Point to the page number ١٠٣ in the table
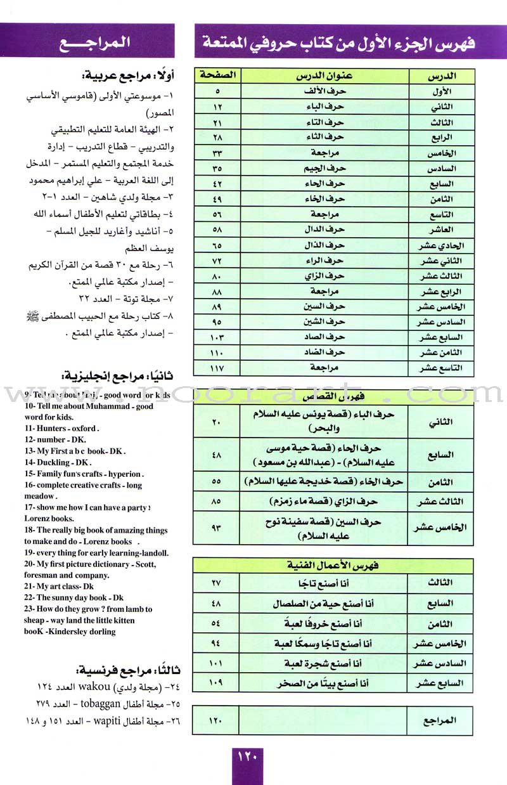click(217, 337)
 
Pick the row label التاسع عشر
click(442, 368)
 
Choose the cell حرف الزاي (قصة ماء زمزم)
click(324, 500)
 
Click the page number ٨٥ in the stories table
click(217, 500)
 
